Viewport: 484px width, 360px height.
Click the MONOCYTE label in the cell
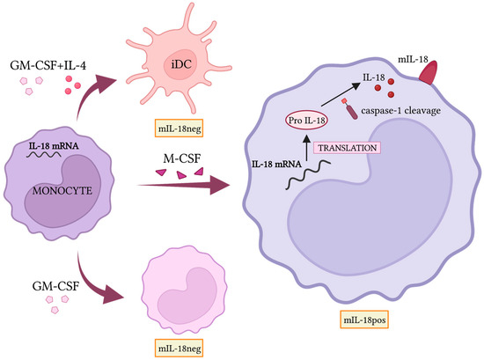pyautogui.click(x=62, y=187)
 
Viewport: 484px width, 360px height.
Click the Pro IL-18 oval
pyautogui.click(x=307, y=120)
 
